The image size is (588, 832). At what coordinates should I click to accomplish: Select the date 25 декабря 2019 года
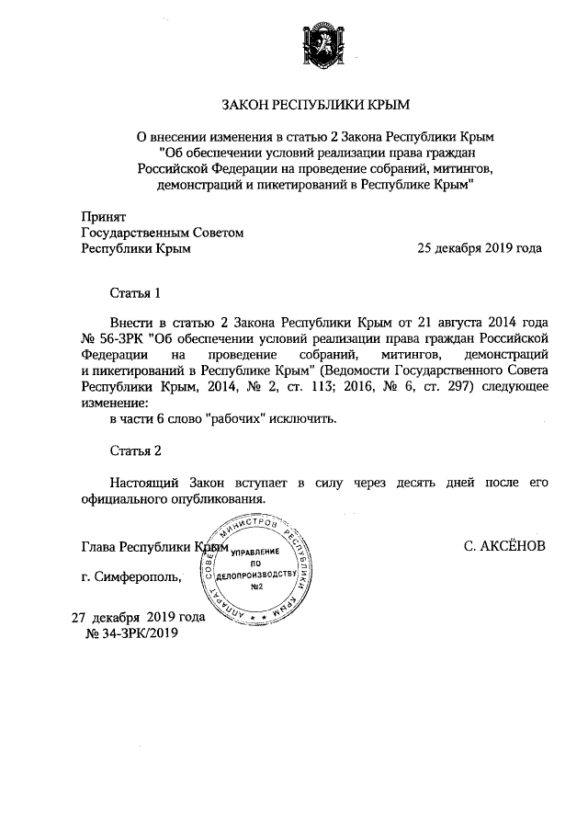(480, 248)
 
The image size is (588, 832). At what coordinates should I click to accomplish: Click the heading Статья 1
(135, 293)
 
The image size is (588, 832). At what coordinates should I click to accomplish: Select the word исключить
(305, 419)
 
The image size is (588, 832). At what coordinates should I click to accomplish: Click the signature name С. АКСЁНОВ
(504, 546)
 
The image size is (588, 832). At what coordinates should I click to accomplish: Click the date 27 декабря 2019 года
(139, 618)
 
